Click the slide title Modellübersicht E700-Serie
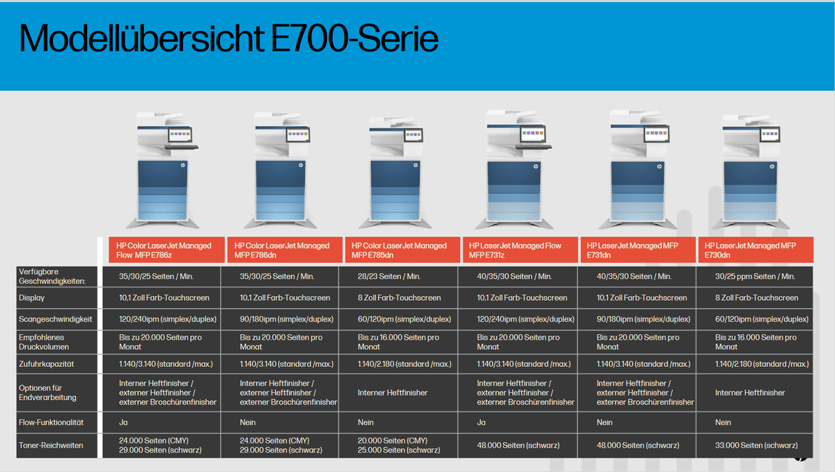pos(228,39)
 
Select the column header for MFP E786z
pos(166,250)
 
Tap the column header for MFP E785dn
pos(403,250)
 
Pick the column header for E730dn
pos(756,250)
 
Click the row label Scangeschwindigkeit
pos(56,320)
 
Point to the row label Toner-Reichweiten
pos(51,446)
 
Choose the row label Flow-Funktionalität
pos(51,423)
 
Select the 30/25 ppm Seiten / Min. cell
pos(755,276)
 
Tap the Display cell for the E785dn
pos(399,298)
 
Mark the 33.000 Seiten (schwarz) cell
pos(756,446)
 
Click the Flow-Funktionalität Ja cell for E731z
pos(481,423)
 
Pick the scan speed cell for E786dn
pos(286,320)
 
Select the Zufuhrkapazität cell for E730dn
pos(761,364)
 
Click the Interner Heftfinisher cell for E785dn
pos(393,393)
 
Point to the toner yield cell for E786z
pos(160,446)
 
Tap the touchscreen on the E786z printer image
pos(180,134)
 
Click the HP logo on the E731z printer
pos(536,166)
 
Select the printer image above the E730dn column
pos(751,171)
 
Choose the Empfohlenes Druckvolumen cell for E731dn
pos(638,342)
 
